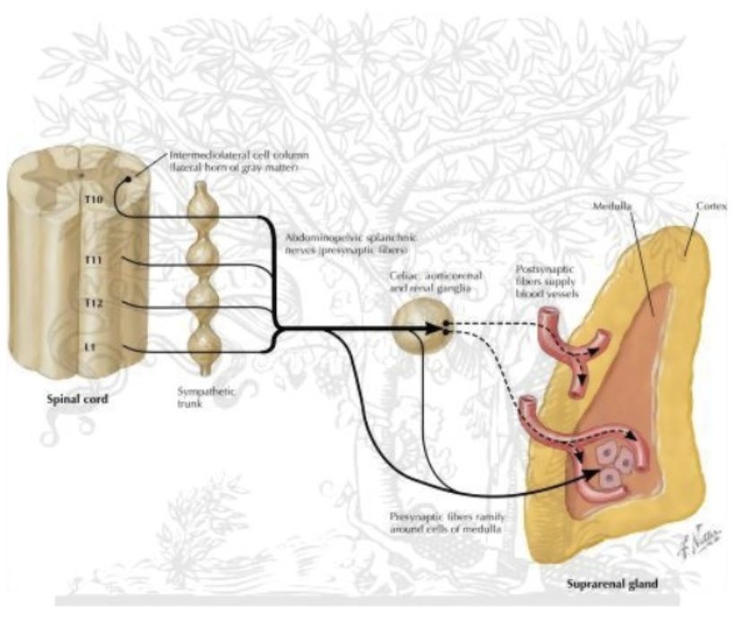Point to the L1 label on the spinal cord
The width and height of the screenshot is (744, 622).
click(x=90, y=345)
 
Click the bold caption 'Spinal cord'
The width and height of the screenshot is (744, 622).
click(x=76, y=400)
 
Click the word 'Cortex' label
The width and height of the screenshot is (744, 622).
click(x=712, y=205)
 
